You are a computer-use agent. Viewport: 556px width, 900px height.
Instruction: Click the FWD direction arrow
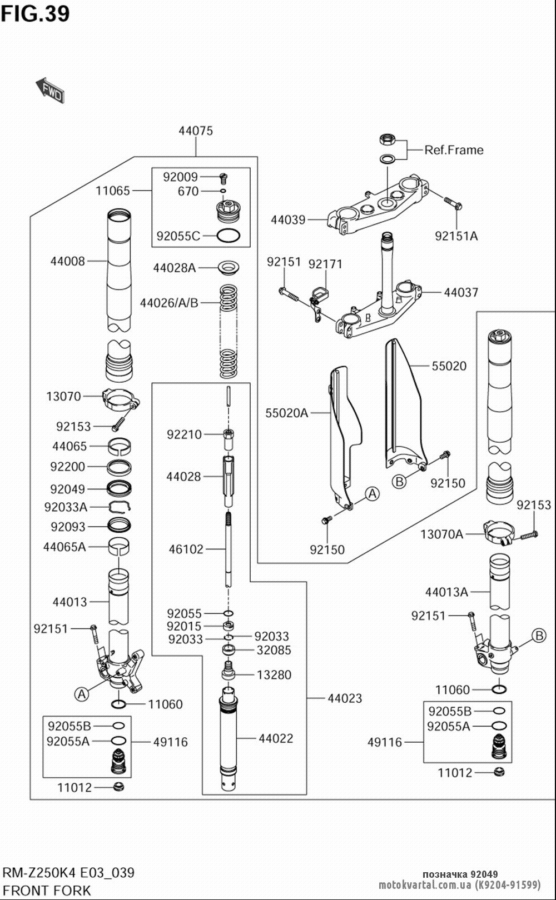pos(50,91)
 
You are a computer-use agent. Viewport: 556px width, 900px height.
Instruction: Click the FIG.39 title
pos(35,14)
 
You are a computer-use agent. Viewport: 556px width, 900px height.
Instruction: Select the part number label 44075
pos(195,131)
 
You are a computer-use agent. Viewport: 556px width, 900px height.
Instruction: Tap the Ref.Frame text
pos(454,150)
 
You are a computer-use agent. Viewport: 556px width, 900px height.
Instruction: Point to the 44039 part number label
pos(288,220)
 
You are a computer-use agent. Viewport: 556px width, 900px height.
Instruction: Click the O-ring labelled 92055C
pos(229,236)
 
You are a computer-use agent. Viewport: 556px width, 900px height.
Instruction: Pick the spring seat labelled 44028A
pos(229,267)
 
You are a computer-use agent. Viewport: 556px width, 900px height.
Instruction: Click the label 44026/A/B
pos(169,303)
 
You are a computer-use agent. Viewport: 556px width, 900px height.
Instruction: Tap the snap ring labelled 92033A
pos(120,507)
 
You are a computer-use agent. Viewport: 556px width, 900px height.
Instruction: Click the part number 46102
pos(186,549)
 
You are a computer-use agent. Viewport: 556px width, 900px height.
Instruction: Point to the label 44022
pos(276,738)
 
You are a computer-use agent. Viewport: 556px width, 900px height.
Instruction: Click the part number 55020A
pos(287,413)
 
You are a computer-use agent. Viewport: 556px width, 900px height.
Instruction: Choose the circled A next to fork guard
pos(373,493)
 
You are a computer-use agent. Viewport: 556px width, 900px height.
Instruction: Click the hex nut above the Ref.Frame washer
pos(388,140)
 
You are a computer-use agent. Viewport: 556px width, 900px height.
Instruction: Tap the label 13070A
pos(442,534)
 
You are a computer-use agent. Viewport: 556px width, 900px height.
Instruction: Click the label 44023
pos(345,698)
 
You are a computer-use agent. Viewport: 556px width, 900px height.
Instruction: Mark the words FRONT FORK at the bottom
pos(47,891)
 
